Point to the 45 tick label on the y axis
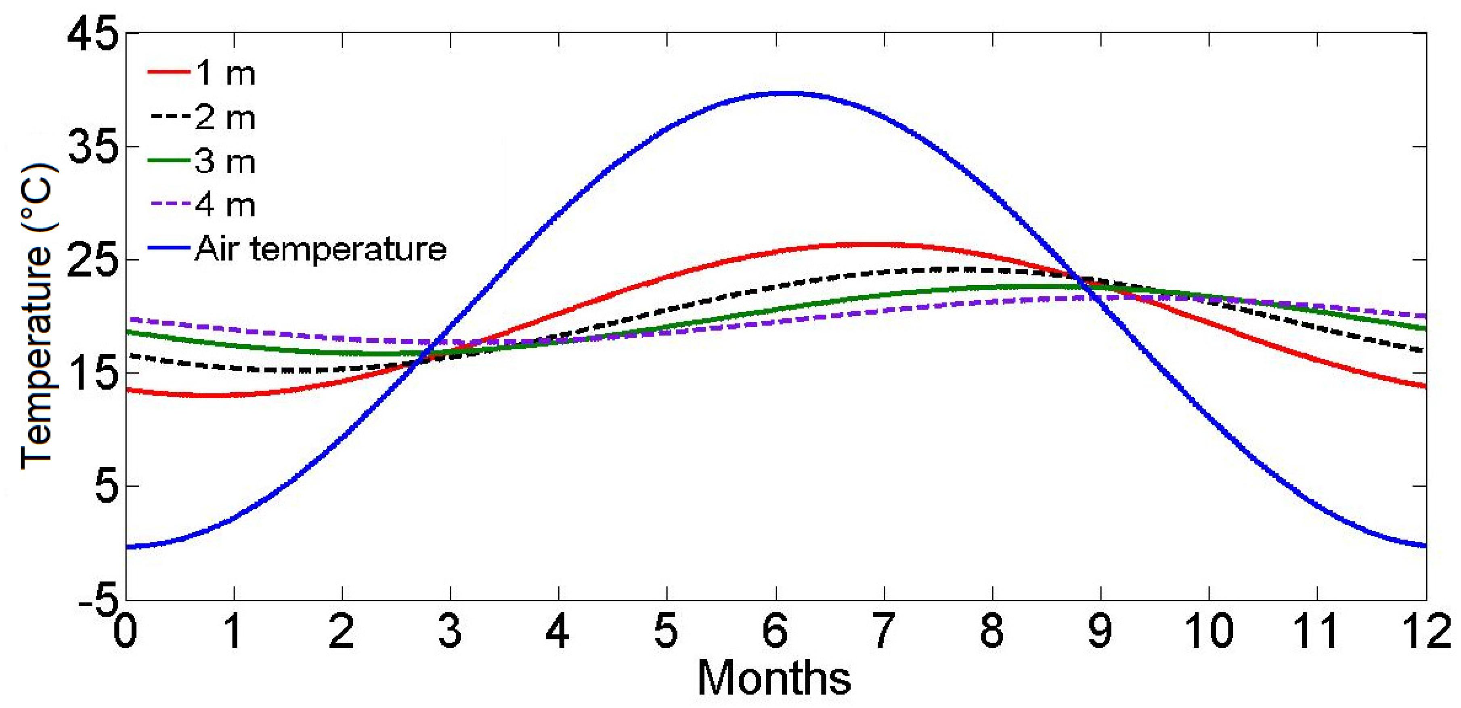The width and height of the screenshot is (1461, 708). [94, 35]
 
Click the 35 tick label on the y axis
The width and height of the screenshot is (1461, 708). [94, 148]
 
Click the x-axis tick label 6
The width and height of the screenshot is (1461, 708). [775, 631]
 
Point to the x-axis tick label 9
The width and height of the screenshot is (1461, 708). [1100, 631]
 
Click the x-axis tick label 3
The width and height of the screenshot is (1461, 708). [450, 631]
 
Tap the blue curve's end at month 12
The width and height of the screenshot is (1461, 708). [1424, 546]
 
